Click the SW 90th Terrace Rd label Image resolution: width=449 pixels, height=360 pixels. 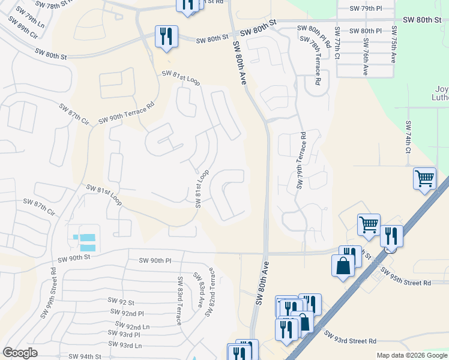pos(126,112)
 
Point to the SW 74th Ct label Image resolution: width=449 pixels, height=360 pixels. pos(408,136)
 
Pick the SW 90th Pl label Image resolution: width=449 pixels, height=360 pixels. pos(155,261)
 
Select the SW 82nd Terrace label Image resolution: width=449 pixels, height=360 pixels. pos(210,293)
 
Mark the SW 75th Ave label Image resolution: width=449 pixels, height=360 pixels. pos(394,46)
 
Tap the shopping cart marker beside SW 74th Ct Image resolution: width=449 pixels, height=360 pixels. pos(424,179)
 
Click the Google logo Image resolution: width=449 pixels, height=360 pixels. pos(20,353)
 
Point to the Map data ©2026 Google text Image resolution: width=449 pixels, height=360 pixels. pos(412,355)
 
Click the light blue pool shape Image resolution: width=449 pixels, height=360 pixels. pos(86,242)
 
